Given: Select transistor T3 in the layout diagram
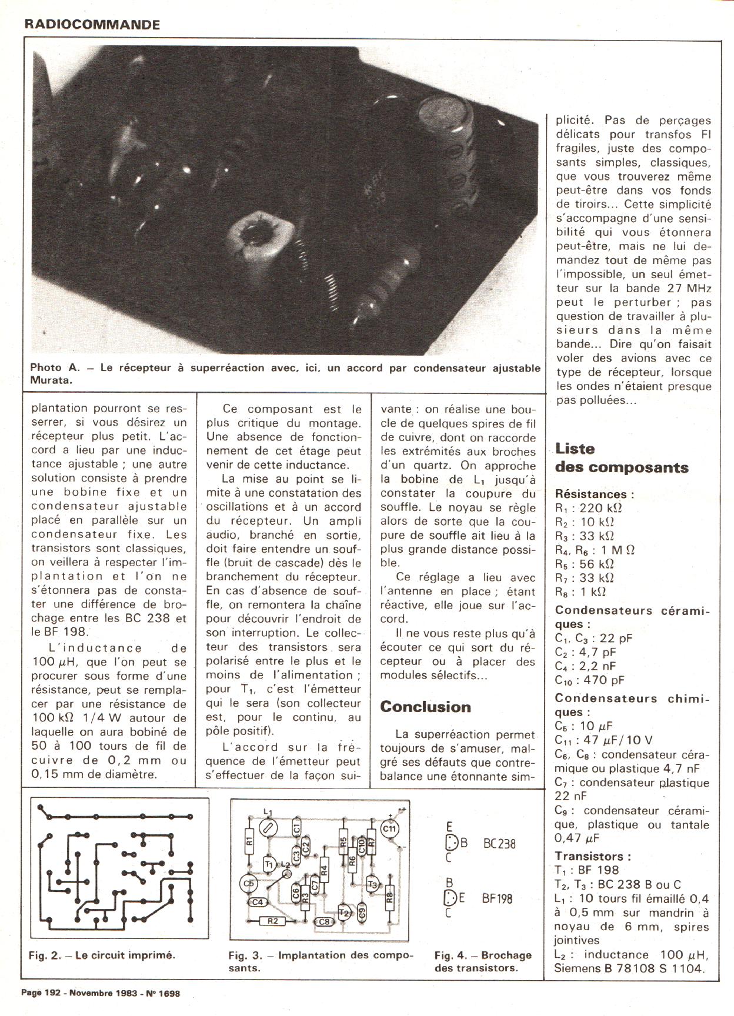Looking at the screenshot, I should [x=372, y=884].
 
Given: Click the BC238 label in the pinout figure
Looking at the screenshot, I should [x=499, y=844].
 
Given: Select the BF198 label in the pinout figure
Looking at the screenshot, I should [x=497, y=898].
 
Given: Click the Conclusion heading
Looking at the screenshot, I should [x=425, y=707].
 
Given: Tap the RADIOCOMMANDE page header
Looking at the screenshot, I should [x=92, y=25].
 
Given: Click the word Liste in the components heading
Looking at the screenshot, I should [x=575, y=449].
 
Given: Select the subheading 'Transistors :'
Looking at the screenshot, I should [x=593, y=856].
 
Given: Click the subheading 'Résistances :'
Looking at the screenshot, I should [x=595, y=494].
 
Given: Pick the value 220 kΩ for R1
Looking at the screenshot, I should [x=600, y=508].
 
